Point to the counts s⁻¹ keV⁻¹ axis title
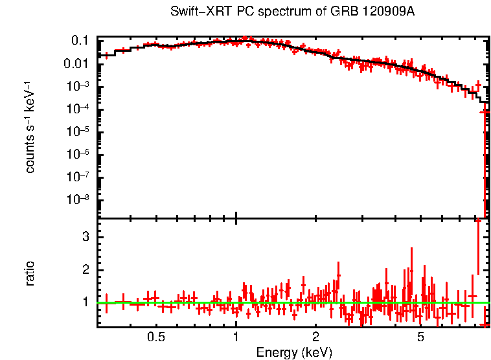pos(30,128)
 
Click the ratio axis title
pos(30,273)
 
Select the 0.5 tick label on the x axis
pos(155,337)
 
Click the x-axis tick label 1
pos(236,337)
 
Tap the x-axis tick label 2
pos(316,337)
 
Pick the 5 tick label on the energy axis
pos(421,337)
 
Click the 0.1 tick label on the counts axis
pos(80,41)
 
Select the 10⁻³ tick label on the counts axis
pos(77,86)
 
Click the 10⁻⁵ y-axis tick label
pos(77,131)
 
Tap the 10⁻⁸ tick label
pos(77,199)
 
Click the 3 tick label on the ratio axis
pos(85,237)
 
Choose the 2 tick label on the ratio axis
pos(85,269)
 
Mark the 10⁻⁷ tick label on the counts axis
pos(77,177)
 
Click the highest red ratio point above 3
pos(478,221)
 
